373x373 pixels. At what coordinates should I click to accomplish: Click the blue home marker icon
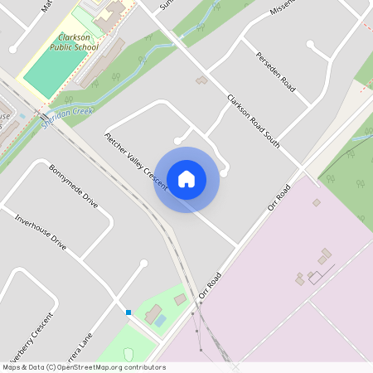(186, 179)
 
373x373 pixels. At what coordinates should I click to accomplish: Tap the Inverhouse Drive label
(41, 232)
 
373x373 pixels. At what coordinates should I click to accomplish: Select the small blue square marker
(128, 312)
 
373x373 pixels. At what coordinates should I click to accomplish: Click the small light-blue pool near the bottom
(161, 320)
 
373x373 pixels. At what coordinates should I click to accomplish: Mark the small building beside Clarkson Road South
(201, 80)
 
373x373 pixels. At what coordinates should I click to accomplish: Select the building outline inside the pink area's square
(316, 277)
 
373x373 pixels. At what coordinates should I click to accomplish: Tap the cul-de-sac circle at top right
(312, 44)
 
